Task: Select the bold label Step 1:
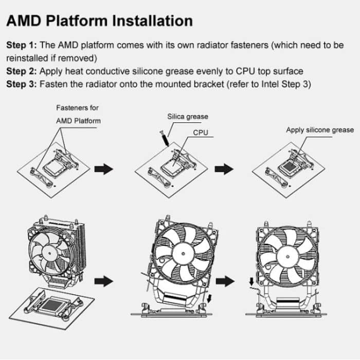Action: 23,45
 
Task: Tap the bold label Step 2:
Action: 23,71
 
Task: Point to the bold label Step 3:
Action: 23,84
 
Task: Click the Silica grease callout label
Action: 188,117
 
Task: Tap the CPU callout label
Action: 200,133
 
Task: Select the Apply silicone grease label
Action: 319,130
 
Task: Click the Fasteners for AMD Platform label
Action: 78,114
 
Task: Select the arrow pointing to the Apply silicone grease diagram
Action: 223,169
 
